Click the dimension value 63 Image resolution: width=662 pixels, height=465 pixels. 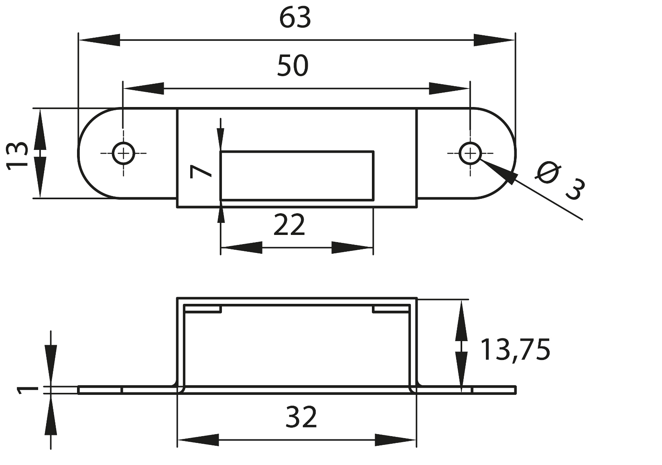(x=295, y=18)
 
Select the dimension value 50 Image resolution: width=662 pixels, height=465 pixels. (x=293, y=66)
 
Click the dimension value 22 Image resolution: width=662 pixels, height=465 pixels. (x=289, y=225)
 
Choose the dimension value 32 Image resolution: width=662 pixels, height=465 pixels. (x=301, y=417)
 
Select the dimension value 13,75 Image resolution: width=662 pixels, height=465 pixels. (x=515, y=350)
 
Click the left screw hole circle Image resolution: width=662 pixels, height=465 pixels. (x=124, y=153)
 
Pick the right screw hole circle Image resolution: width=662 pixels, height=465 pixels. (x=470, y=153)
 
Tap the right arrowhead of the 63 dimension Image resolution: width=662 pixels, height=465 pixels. (x=494, y=40)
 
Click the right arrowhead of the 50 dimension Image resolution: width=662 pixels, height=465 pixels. (x=449, y=88)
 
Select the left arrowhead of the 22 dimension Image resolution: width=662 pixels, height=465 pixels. (x=241, y=248)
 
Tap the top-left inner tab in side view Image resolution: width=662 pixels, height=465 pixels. (x=203, y=309)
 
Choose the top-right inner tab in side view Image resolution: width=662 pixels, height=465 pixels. (x=391, y=309)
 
